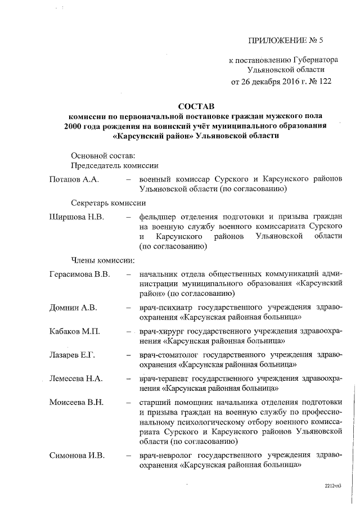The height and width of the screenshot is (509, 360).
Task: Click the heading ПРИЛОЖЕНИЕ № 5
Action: (286, 40)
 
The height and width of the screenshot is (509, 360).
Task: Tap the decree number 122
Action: (325, 81)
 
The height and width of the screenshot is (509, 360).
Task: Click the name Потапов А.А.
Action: (74, 179)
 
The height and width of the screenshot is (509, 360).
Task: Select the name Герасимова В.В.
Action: (79, 274)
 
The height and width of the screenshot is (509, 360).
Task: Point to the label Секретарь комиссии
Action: (109, 203)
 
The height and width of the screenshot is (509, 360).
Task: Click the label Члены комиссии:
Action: (102, 260)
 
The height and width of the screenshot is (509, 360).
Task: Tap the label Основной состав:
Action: (102, 155)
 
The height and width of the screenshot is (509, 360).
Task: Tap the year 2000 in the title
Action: (76, 125)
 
